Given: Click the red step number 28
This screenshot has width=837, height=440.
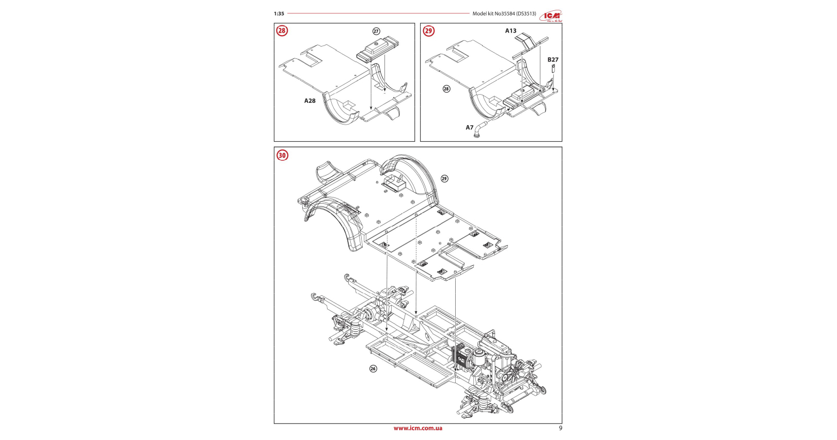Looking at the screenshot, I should (282, 31).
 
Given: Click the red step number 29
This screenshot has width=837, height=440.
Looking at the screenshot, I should (428, 31).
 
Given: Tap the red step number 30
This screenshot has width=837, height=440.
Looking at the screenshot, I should (282, 155).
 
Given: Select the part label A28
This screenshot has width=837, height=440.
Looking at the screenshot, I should (309, 101).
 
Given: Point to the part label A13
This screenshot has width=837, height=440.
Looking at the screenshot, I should (510, 31).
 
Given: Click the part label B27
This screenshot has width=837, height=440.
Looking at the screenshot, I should (553, 60).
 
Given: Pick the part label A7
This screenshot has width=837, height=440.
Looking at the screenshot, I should (469, 128).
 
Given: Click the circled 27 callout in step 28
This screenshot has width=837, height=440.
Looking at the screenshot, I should (376, 32).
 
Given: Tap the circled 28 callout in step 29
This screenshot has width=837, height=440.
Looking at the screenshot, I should (446, 89).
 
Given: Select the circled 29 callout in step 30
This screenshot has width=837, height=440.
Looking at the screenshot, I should (444, 178).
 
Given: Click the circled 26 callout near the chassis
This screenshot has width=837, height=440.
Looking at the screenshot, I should (373, 369).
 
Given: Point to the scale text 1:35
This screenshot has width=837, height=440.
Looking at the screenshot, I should (279, 14).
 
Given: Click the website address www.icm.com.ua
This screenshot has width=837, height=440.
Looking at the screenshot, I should (417, 428).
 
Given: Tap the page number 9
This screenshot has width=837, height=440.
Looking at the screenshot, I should (561, 428).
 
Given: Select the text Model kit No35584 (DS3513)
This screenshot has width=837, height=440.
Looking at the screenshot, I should (504, 14).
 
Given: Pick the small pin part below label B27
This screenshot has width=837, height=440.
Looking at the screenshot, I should (553, 68).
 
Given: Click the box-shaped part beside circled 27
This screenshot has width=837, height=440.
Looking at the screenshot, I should (377, 51).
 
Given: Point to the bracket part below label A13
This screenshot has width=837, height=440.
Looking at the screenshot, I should (530, 44).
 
